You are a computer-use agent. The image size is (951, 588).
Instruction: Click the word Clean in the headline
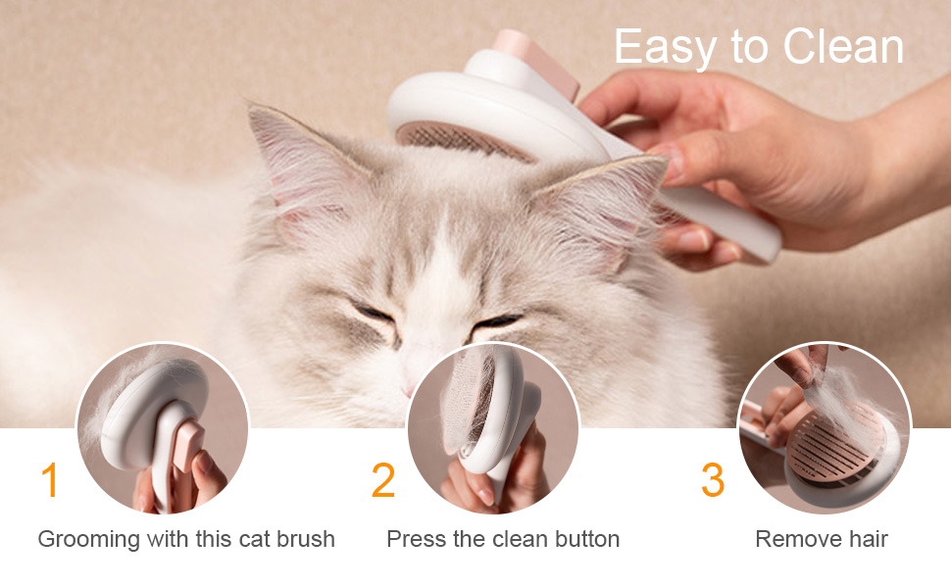(x=843, y=46)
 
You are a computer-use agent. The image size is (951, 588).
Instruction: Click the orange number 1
(x=50, y=479)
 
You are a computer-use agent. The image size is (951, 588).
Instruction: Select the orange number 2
(x=383, y=479)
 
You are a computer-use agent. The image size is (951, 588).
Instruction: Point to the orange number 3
(x=713, y=479)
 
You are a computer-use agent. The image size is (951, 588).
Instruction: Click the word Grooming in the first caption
(x=89, y=540)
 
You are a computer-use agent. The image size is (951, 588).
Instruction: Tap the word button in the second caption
(x=587, y=538)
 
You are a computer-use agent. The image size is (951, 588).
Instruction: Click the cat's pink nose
(x=410, y=390)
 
